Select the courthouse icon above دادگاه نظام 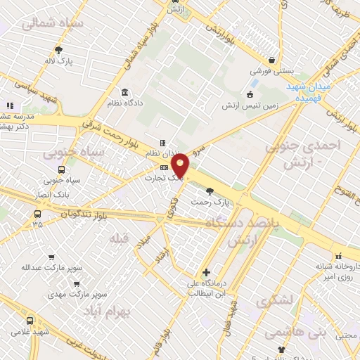tap(124, 92)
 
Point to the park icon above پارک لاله tap(58, 50)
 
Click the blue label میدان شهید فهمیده tap(309, 91)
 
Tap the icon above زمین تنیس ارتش tap(249, 95)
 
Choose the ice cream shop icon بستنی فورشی tap(271, 60)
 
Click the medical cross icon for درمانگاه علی tap(205, 272)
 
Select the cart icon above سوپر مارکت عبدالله tap(50, 257)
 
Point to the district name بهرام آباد tap(109, 311)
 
